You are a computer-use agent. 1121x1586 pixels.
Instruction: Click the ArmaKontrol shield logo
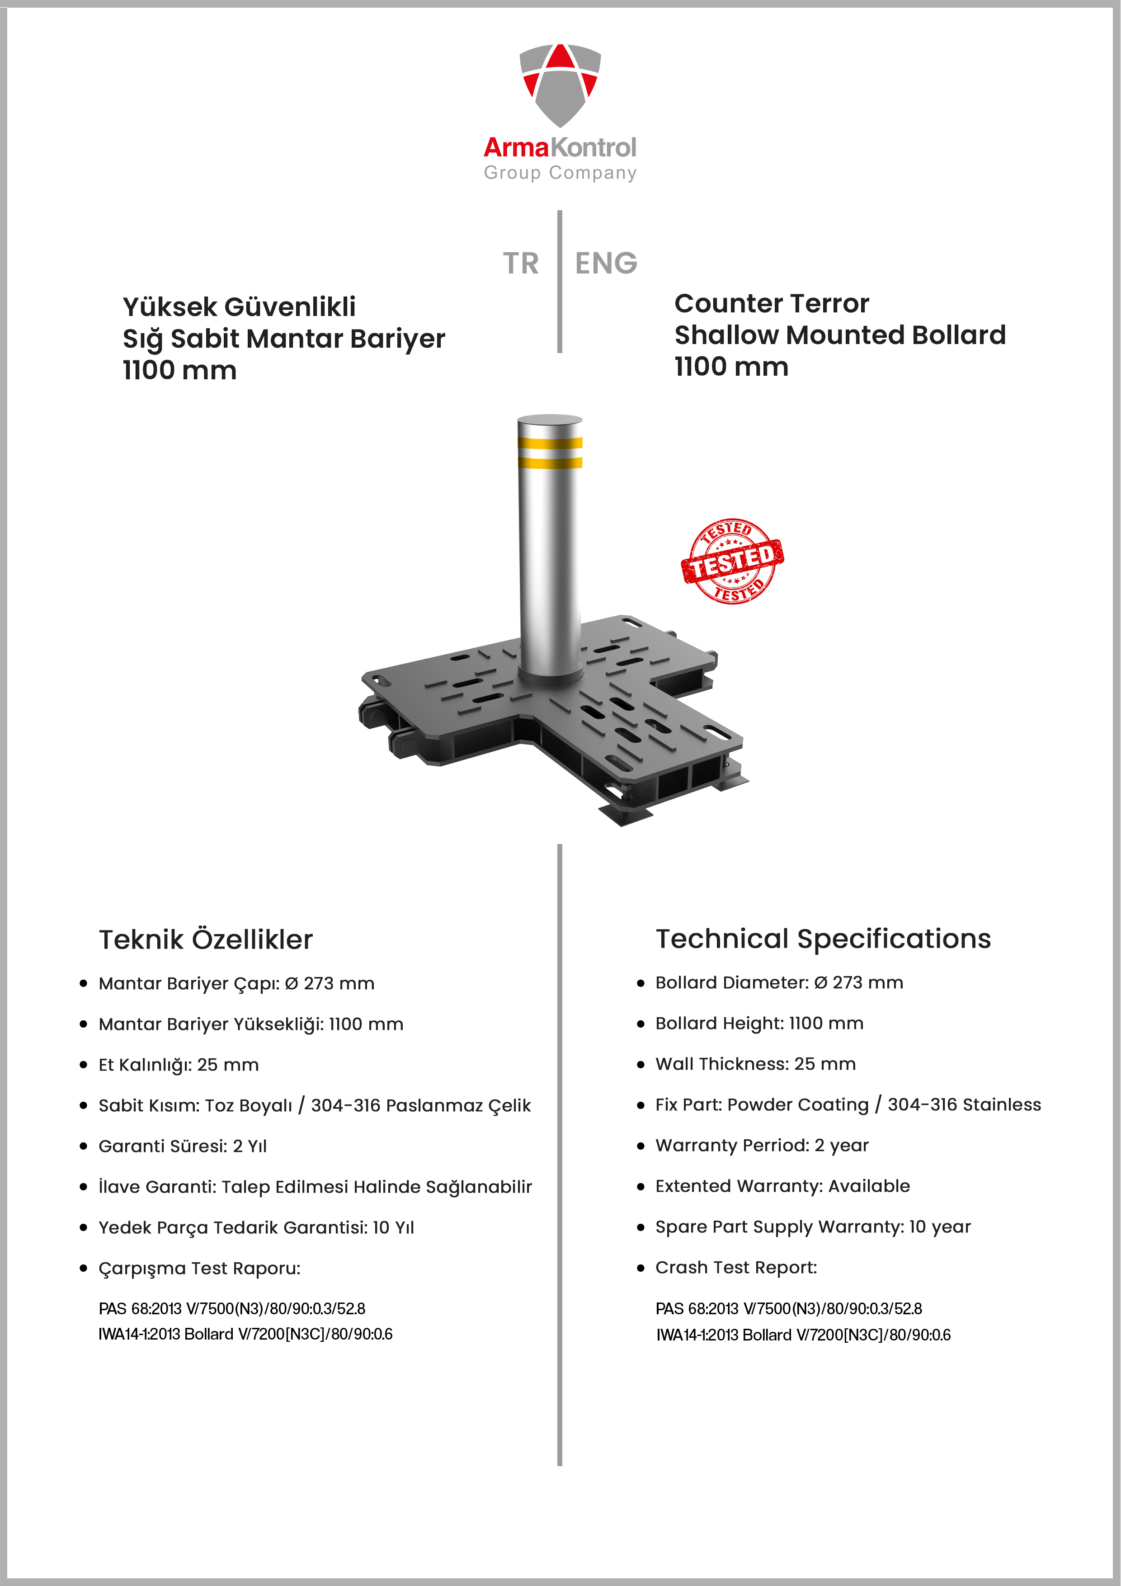[560, 84]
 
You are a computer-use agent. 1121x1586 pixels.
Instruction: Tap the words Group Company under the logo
[560, 173]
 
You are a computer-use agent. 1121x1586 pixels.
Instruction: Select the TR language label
[520, 263]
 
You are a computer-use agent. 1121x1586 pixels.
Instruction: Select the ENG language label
[606, 263]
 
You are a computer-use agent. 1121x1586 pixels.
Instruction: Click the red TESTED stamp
[732, 561]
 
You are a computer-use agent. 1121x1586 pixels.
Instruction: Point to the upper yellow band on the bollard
[550, 443]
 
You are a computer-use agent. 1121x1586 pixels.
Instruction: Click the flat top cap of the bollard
[550, 421]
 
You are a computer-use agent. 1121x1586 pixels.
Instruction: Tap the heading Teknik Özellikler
[206, 939]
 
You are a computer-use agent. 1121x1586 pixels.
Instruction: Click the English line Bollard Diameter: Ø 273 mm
[779, 982]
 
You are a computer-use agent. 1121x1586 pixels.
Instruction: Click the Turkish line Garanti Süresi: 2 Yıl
[182, 1146]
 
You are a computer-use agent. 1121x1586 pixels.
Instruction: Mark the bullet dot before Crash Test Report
[640, 1268]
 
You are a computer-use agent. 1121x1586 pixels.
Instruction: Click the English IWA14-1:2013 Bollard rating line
[803, 1335]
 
